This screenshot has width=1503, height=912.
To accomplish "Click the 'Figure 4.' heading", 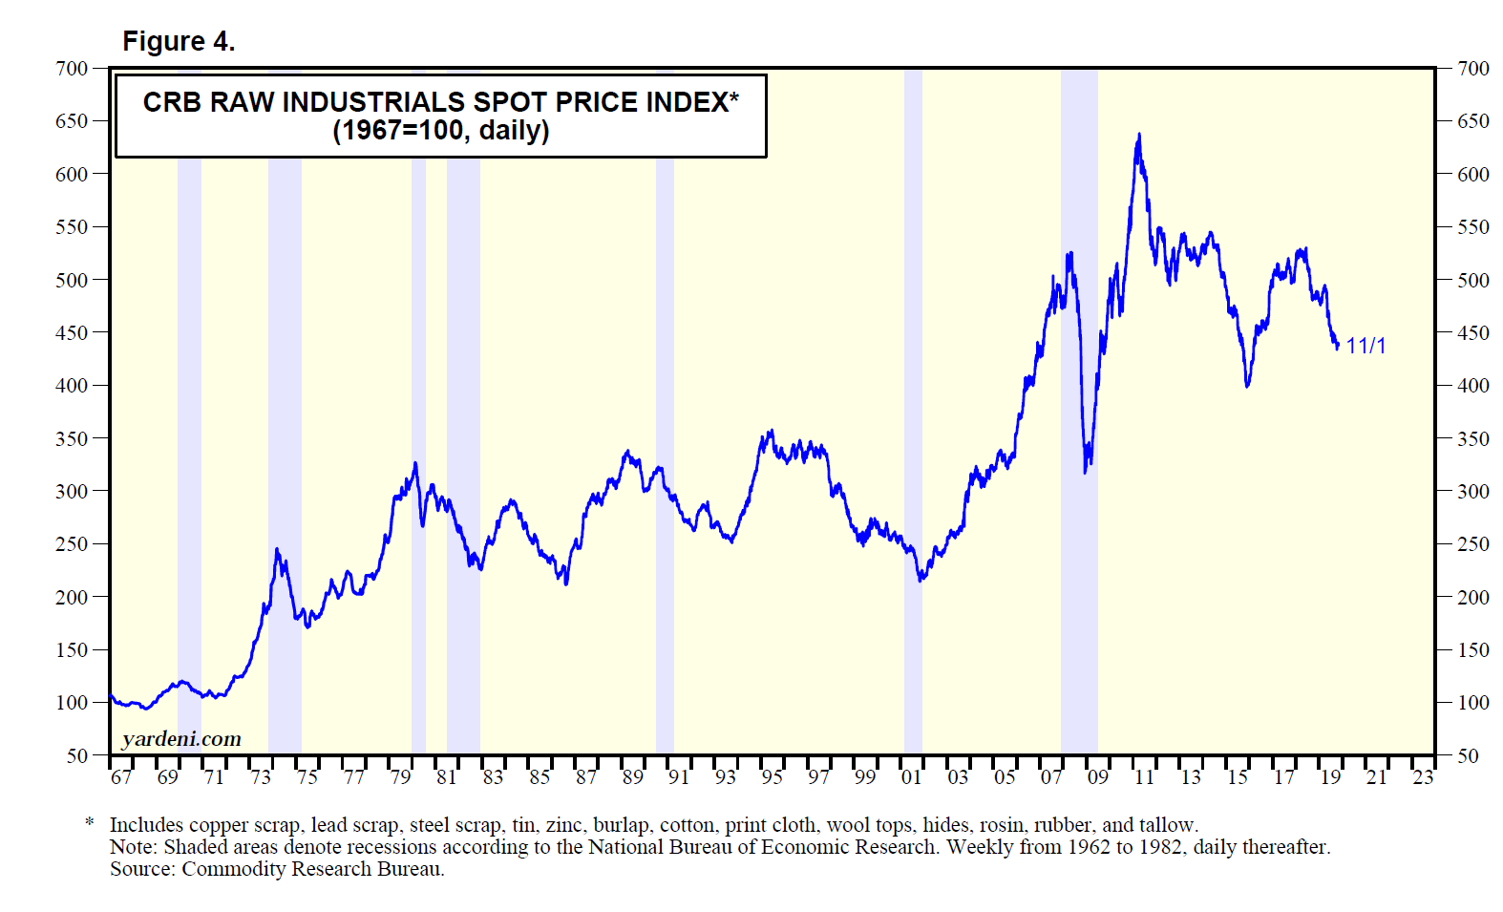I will click(179, 42).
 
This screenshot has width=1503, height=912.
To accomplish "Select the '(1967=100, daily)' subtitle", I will click(440, 130).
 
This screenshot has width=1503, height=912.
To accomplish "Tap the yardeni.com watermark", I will click(181, 738).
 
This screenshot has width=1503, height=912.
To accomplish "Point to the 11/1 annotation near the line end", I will click(1365, 346).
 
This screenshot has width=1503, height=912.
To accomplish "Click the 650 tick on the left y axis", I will click(72, 121).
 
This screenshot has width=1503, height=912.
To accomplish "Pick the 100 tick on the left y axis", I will click(72, 703).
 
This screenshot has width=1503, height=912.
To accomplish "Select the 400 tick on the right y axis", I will click(1472, 386).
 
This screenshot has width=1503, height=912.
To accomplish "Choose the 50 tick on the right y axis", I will click(1468, 755).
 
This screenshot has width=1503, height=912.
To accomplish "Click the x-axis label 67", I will click(121, 777).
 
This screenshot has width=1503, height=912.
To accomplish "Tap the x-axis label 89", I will click(632, 777).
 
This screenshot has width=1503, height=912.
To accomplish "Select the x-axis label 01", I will click(911, 777).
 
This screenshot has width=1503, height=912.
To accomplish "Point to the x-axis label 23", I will click(1423, 777).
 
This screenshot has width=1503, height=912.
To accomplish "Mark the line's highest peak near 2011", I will click(1138, 135).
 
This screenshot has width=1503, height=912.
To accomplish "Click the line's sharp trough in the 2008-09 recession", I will click(1086, 472).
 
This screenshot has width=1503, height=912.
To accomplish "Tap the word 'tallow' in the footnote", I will click(1167, 825).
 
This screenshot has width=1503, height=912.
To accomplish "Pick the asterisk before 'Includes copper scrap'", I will click(90, 823).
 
